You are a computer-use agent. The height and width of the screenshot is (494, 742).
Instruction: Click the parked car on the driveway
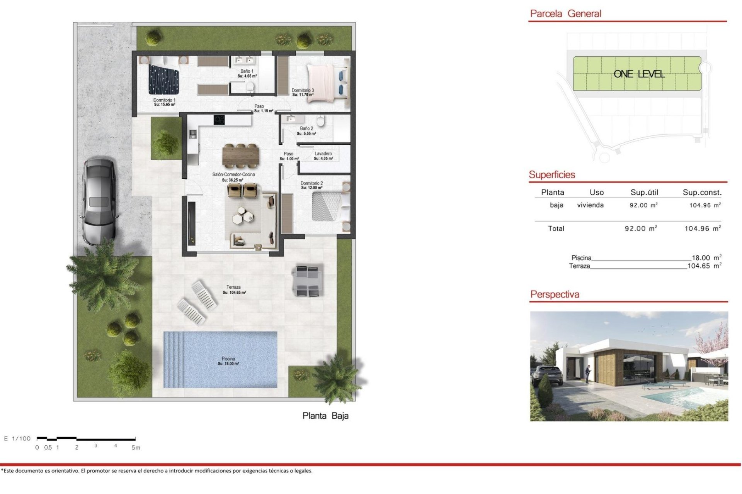(99, 201)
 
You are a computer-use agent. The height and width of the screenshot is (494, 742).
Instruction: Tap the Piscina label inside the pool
(228, 361)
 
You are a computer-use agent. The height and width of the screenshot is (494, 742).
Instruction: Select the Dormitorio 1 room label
(164, 102)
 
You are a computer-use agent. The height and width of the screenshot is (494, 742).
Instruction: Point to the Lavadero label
(323, 156)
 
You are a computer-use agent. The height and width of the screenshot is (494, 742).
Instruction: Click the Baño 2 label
(306, 131)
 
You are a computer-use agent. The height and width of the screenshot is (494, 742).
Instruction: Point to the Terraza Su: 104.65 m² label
(234, 289)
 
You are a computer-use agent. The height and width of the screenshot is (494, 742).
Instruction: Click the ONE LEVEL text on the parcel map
(639, 74)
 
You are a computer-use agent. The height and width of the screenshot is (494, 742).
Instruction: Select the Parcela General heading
(565, 14)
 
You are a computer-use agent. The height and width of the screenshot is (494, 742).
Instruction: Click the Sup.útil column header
(644, 192)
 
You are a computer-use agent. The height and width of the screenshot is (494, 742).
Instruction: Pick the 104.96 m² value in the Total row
(702, 228)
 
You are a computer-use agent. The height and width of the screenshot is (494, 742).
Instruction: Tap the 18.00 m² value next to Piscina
(706, 257)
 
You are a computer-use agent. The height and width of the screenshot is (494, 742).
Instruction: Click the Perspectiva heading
(555, 294)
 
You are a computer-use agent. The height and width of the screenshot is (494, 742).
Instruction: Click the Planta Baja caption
(325, 416)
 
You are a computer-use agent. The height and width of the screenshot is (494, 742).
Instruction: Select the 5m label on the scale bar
(136, 448)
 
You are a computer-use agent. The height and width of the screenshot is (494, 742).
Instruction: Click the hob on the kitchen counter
(219, 120)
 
